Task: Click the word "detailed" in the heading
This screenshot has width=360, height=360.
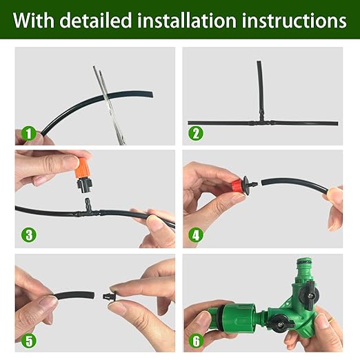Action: [x=97, y=20]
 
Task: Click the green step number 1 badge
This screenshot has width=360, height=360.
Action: [x=28, y=133]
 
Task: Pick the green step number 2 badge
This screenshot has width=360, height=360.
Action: [x=196, y=133]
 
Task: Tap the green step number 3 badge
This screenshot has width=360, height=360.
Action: [x=28, y=235]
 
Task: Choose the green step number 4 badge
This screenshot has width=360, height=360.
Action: [x=196, y=235]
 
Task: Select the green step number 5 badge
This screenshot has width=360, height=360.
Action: [x=28, y=339]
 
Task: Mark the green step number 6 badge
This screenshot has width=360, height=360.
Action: [x=196, y=339]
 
